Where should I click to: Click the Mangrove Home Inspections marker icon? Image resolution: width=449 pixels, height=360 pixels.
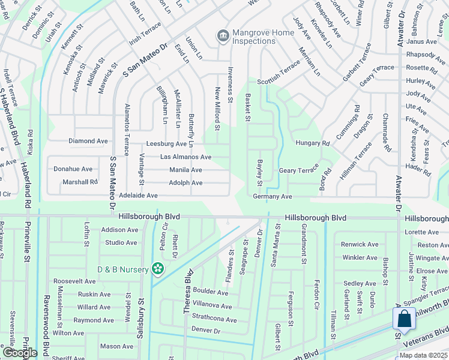coord(223,37)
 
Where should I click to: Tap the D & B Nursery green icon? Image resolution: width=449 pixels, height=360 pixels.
coord(158,269)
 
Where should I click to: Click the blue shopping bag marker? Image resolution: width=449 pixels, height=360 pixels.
coord(405,319)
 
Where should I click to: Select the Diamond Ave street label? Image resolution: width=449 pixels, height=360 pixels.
coord(88,141)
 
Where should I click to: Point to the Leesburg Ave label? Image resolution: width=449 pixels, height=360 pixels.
coord(167,144)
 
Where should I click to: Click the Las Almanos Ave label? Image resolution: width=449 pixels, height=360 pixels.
coord(185,157)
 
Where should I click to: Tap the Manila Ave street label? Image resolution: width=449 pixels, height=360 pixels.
coord(185,170)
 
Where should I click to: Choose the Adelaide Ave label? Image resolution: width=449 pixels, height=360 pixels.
coord(138,196)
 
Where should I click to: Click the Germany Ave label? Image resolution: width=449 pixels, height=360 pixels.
coord(273,196)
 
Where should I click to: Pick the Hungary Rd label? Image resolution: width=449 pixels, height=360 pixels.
coord(313,143)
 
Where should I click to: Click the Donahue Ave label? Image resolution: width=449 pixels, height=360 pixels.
coord(73,169)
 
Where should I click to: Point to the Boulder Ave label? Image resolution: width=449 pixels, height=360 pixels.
coord(210,293)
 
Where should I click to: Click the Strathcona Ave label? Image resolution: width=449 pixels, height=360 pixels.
coord(214,320)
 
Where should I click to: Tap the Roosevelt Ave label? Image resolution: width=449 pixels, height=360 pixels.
coord(74,281)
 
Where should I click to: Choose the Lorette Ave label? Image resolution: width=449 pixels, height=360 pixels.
coord(422,232)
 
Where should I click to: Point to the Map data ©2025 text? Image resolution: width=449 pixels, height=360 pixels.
coord(423,355)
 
